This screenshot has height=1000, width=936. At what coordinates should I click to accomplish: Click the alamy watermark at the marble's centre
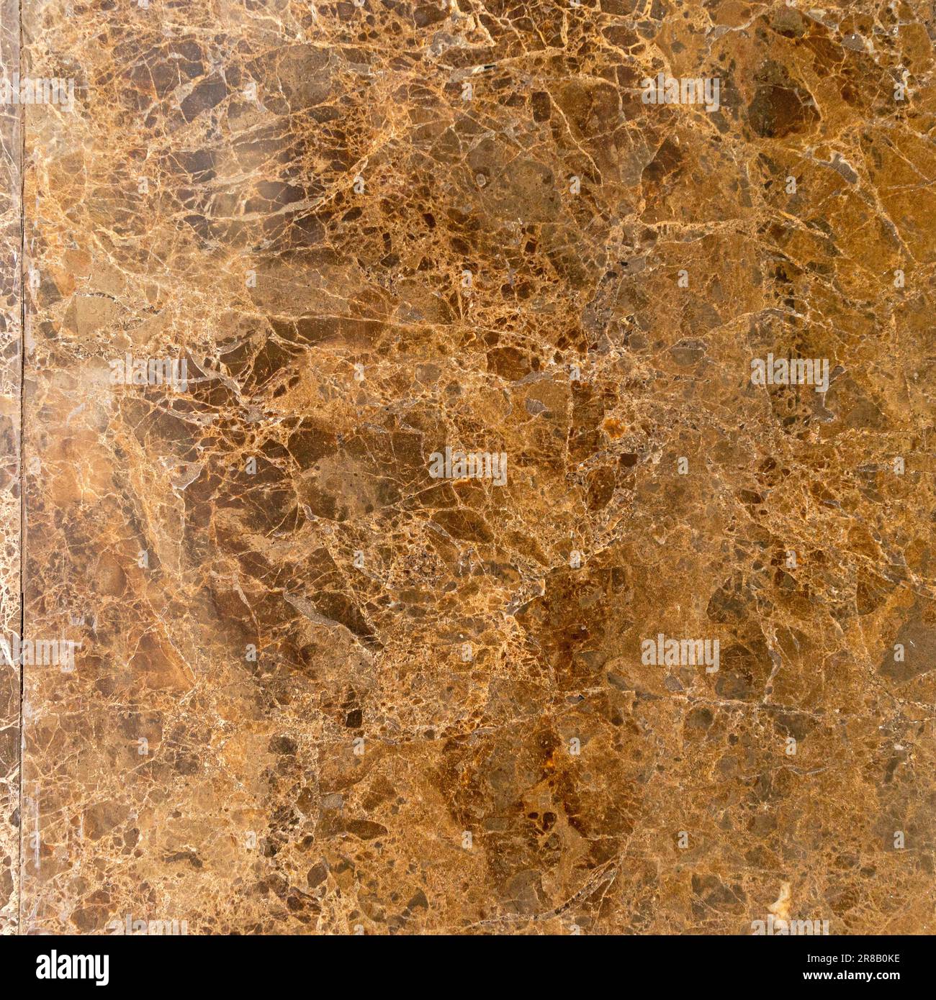click(x=468, y=467)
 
